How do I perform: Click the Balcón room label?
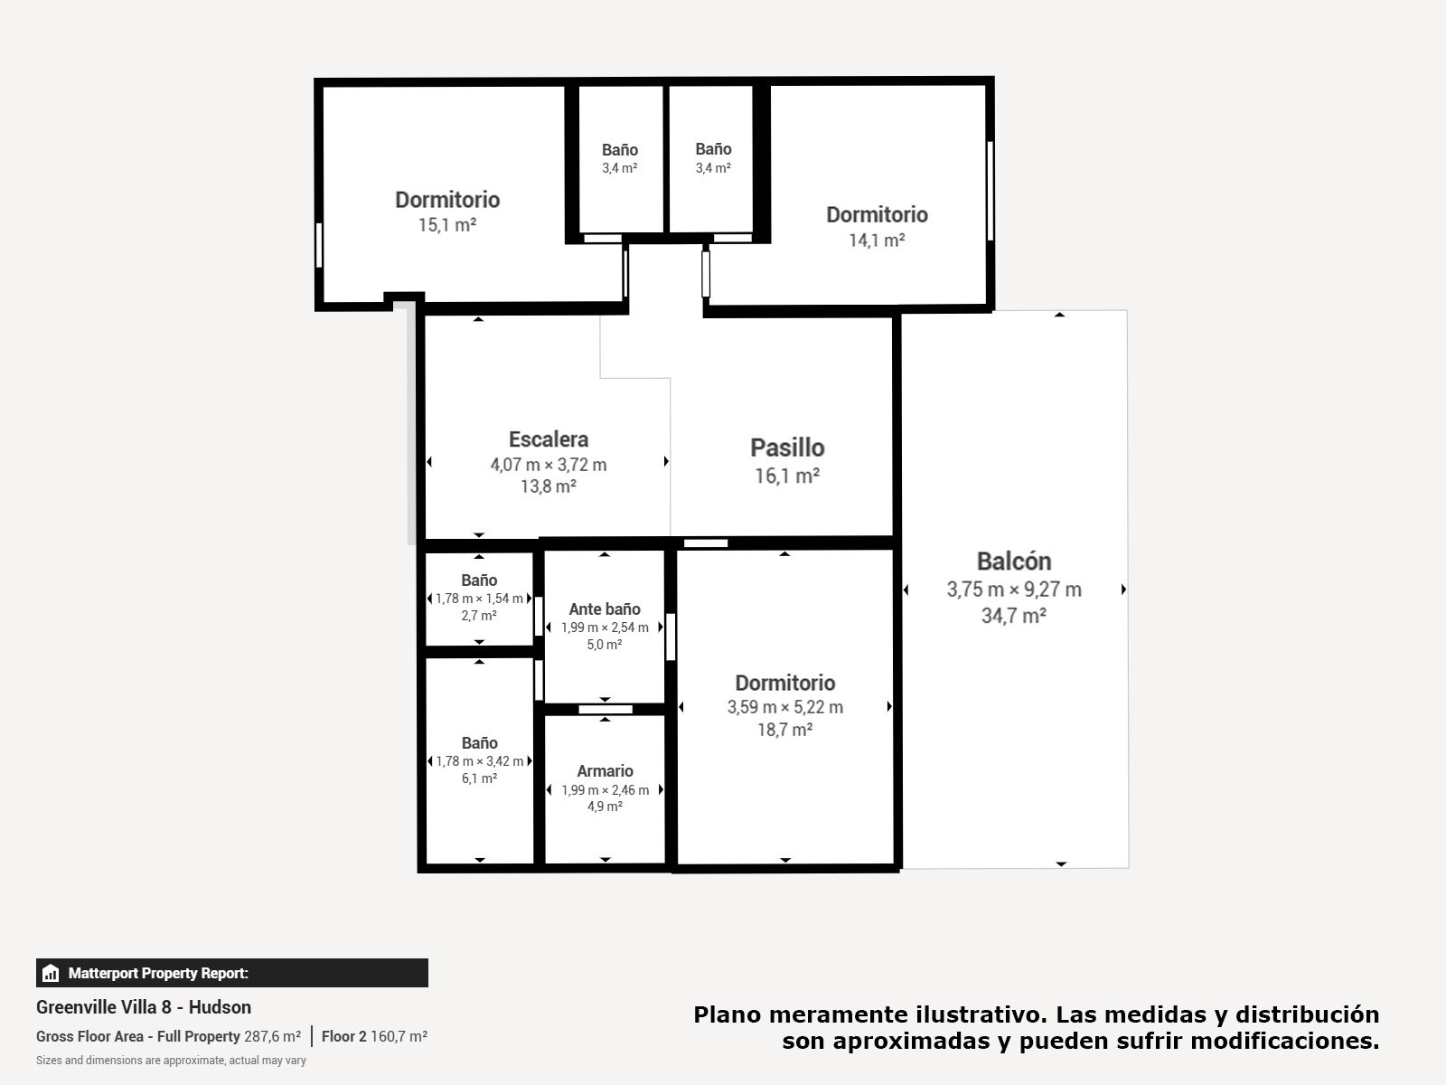pos(1014,561)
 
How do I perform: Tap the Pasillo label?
pos(787,448)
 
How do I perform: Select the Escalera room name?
pos(548,439)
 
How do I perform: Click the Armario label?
pos(605,770)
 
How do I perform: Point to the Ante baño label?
pos(604,609)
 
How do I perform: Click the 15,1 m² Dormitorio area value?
pos(447,225)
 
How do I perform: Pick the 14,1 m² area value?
pos(877,241)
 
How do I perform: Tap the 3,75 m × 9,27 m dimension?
pos(1014,589)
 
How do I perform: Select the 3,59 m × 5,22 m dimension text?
pos(784,707)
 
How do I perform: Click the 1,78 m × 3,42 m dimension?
pos(479,761)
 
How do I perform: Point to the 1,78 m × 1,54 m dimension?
pos(479,599)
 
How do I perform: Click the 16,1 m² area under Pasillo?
pos(787,476)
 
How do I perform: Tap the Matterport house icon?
pos(51,973)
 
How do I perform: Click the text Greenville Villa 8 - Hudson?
pos(144,1007)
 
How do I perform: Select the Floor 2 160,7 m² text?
pos(374,1036)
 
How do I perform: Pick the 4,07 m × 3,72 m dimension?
pos(548,465)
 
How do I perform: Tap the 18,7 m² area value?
pos(784,730)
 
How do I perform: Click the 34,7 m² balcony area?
pos(1014,616)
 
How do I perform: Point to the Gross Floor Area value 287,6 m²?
pos(273,1036)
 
